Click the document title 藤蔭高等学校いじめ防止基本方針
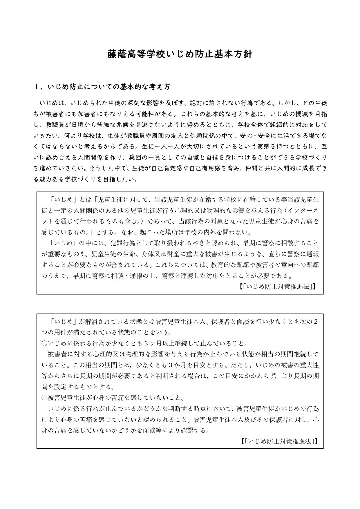180,54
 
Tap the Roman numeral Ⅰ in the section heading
36,87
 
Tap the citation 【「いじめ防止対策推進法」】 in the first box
278,287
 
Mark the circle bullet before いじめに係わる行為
44,343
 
